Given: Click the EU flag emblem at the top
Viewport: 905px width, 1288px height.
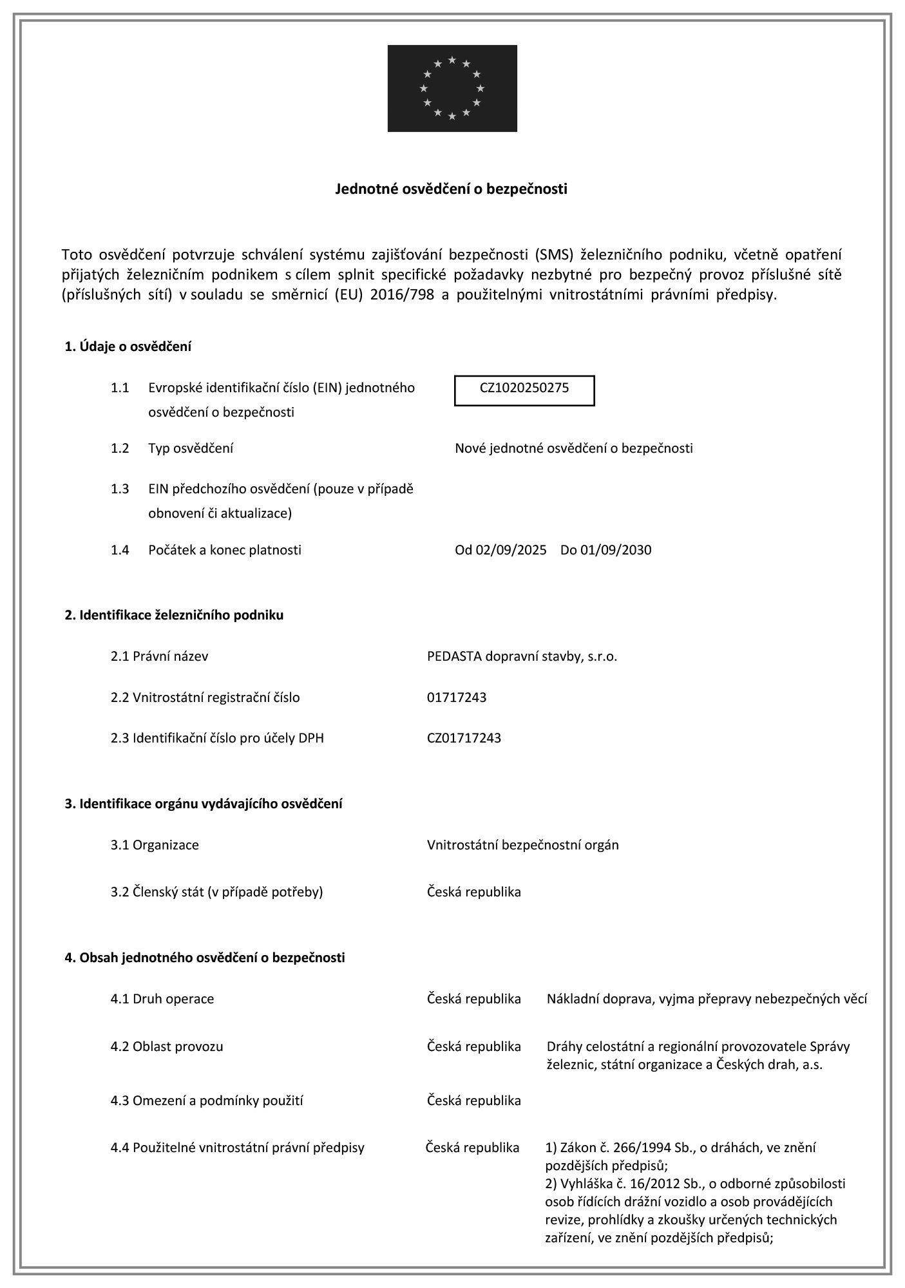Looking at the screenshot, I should [452, 88].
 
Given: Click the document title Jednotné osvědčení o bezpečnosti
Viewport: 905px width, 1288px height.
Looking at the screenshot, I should [452, 189].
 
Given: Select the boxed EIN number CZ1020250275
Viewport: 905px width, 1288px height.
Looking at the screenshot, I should [524, 388].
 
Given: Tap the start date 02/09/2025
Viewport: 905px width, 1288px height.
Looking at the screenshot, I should [511, 550].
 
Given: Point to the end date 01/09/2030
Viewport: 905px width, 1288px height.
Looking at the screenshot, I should [616, 550].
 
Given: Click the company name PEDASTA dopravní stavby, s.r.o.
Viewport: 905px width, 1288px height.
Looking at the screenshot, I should [522, 656].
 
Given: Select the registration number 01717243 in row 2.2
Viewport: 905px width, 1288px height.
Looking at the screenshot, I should [457, 697].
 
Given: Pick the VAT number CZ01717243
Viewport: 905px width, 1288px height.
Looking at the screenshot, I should [464, 738].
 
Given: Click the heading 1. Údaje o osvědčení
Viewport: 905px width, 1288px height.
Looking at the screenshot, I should [128, 346].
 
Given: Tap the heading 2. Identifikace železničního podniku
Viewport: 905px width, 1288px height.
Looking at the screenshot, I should [174, 615].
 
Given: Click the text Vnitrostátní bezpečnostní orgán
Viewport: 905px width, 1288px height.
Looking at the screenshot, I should [522, 845].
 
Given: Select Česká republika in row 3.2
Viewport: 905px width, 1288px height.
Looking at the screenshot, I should [473, 892].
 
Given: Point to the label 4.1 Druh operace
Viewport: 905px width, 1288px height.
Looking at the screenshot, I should [162, 999].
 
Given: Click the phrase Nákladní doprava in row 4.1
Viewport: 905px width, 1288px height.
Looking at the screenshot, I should [591, 999].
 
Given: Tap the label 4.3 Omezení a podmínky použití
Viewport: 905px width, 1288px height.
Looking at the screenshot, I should [206, 1101].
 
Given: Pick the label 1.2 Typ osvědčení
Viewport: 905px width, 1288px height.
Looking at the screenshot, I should [171, 448].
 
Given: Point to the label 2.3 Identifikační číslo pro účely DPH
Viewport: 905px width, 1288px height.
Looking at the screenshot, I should [217, 738].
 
